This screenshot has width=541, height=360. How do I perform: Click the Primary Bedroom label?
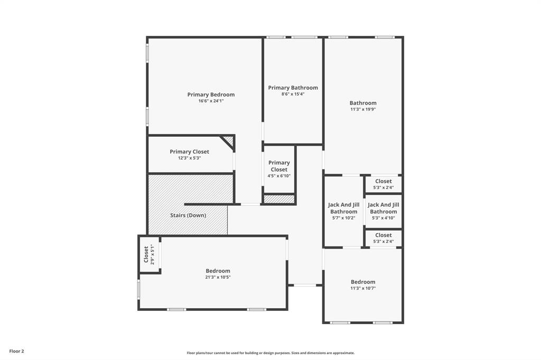[x=211, y=95]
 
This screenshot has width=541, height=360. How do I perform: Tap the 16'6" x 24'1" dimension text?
[x=211, y=101]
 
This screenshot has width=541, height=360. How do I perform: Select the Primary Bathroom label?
[x=293, y=88]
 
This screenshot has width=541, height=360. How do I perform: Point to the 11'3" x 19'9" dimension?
[x=363, y=109]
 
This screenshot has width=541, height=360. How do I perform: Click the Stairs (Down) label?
[x=188, y=215]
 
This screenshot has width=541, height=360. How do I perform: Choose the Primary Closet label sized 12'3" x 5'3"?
[x=189, y=152]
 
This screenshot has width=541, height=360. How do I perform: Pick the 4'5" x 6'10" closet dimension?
[x=279, y=176]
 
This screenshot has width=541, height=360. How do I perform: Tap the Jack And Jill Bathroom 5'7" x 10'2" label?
[x=343, y=208]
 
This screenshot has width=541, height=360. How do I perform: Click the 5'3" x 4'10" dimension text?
[x=384, y=217]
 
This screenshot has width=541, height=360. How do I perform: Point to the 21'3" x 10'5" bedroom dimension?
[x=218, y=277]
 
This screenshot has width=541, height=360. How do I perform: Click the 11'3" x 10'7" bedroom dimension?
[x=363, y=288]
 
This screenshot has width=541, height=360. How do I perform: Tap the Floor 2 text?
[x=16, y=351]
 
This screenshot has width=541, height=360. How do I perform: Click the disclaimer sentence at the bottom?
[x=270, y=353]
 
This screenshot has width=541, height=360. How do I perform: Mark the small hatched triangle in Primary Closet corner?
[x=229, y=140]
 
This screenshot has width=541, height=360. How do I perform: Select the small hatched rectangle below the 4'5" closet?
[x=279, y=199]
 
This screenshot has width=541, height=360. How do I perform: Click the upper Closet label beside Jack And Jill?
[x=384, y=181]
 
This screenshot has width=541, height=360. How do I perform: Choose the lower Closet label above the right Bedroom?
[x=384, y=235]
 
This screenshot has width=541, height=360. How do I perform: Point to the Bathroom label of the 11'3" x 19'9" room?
[x=363, y=103]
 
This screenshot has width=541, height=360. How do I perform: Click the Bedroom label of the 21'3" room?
[x=218, y=271]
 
